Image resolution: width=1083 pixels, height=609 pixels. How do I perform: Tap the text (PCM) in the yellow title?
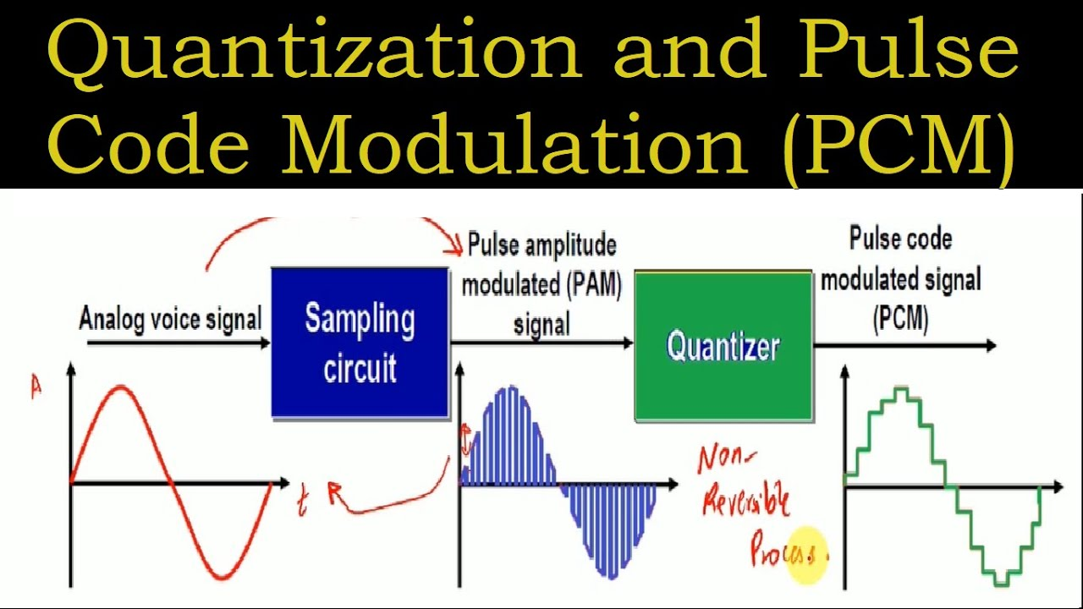(x=899, y=147)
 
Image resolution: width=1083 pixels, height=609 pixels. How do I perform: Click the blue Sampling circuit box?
(x=360, y=343)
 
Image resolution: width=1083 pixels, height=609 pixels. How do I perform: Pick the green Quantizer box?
(x=723, y=345)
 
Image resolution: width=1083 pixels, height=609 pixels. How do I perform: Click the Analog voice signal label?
(x=170, y=319)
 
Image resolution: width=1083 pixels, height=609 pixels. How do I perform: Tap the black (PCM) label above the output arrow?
(x=901, y=319)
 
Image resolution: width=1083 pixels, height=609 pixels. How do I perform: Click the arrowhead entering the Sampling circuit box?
(x=265, y=343)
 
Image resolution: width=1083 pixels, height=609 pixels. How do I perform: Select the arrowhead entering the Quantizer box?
(x=628, y=343)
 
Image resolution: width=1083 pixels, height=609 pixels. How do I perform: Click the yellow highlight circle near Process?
(x=806, y=555)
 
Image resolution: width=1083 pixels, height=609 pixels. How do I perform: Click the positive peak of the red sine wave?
(x=121, y=387)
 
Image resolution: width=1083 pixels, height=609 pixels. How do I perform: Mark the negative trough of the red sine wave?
(x=223, y=577)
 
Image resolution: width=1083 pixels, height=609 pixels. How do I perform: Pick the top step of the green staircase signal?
(x=901, y=390)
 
